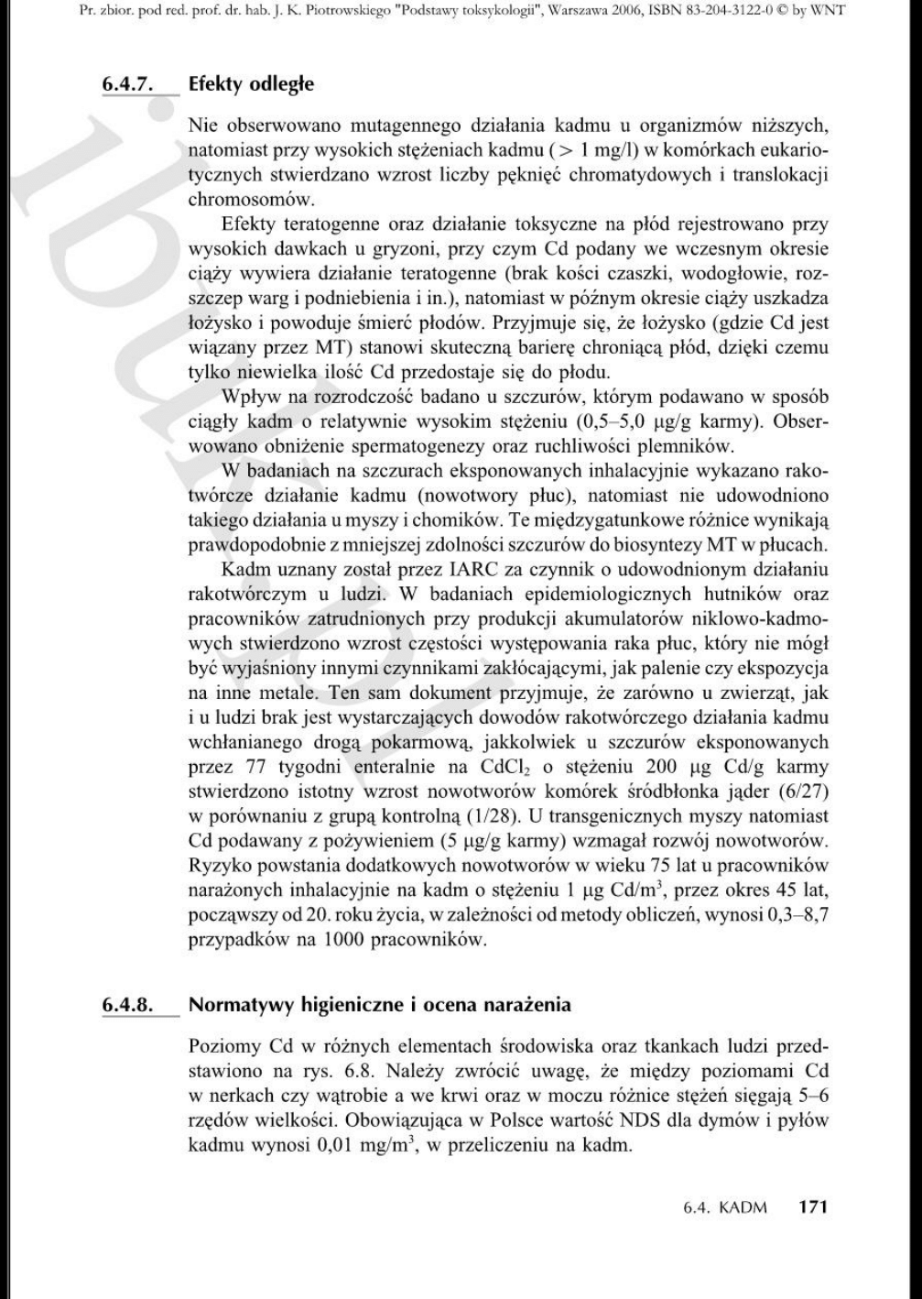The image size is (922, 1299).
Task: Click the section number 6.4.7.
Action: tap(125, 84)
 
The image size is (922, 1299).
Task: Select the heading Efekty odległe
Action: tap(251, 84)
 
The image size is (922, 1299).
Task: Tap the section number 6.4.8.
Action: tap(125, 1004)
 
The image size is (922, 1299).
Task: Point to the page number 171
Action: tap(812, 1206)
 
